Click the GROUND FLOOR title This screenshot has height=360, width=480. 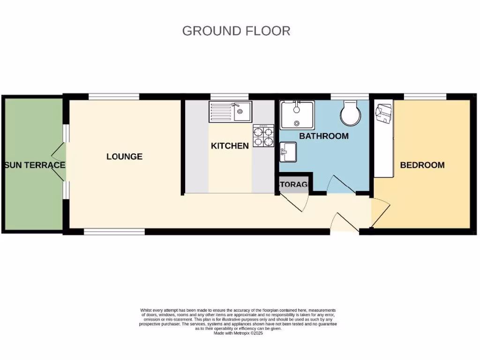tap(236, 31)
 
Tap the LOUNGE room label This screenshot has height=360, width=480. tap(124, 157)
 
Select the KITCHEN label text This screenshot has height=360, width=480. tap(230, 146)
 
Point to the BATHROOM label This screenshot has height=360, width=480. tap(324, 136)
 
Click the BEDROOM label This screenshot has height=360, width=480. tap(422, 165)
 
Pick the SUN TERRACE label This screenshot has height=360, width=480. tap(35, 165)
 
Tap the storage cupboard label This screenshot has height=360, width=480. tap(294, 185)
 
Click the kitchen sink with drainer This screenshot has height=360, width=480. tap(230, 112)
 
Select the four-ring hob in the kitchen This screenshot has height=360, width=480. tap(263, 136)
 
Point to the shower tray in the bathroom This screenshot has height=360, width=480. tap(297, 114)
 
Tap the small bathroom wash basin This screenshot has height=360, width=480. tap(288, 152)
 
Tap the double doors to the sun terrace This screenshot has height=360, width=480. tap(60, 162)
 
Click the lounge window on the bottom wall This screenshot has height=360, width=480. tap(114, 231)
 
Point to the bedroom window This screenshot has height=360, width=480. tap(425, 97)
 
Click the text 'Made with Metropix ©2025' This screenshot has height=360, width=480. tap(238, 333)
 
